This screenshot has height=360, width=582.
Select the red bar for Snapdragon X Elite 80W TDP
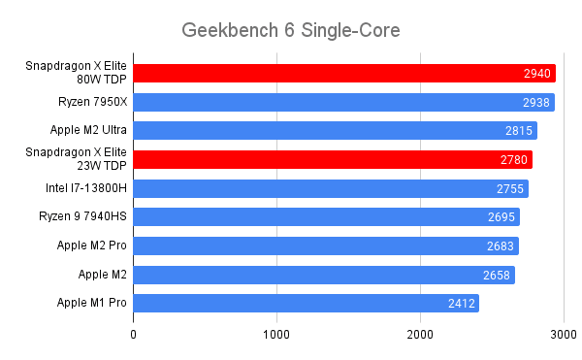(343, 73)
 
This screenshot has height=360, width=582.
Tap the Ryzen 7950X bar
(343, 102)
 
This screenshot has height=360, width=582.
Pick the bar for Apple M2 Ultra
(335, 130)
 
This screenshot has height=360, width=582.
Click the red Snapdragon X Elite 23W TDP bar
(333, 159)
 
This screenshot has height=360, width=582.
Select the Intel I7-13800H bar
(331, 188)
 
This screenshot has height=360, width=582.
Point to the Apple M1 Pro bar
(306, 304)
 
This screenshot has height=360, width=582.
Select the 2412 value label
(461, 304)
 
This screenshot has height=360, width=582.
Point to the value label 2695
(501, 217)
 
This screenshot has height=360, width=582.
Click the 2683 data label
(500, 246)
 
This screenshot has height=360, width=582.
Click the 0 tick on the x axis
(134, 335)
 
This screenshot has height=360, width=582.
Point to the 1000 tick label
(277, 335)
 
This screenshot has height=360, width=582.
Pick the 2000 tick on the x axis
(421, 335)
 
